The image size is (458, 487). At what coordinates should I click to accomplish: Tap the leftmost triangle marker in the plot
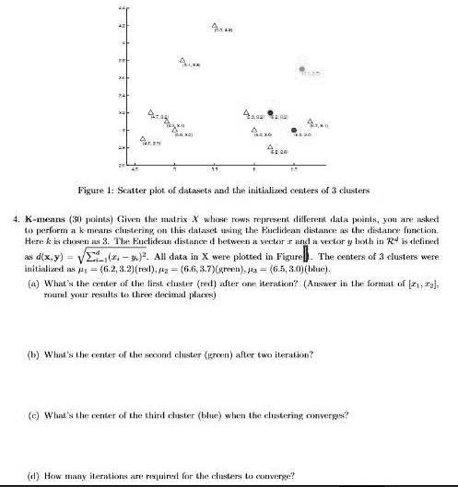click(143, 140)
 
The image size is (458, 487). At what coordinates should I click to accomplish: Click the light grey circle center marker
click(302, 70)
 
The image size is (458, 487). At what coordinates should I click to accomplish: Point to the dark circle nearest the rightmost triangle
click(294, 131)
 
